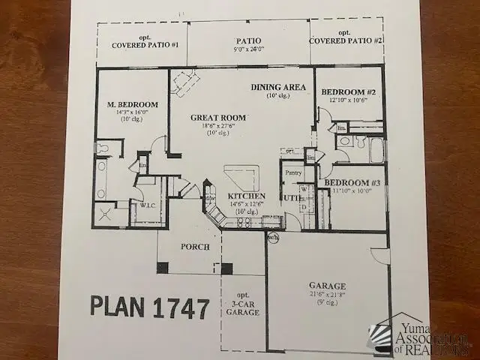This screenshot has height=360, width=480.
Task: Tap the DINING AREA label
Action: pos(278,87)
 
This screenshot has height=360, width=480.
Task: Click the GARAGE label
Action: pos(328,286)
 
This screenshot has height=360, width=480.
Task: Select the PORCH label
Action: pos(193,247)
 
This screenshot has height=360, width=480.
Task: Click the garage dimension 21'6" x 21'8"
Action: pos(327,295)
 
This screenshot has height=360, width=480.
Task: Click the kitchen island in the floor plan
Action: pos(242,178)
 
